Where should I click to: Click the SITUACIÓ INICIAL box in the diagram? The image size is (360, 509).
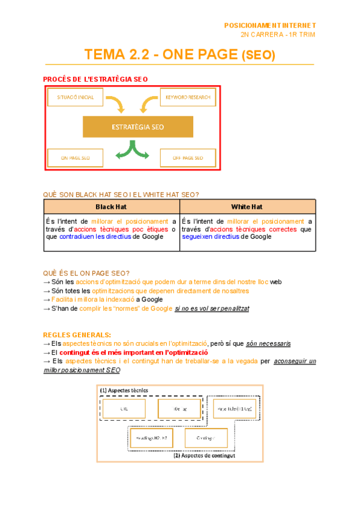75,97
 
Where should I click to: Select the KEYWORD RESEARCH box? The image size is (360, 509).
188,97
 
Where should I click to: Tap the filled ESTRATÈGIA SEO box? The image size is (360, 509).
138,127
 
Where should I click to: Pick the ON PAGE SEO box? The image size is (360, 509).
75,158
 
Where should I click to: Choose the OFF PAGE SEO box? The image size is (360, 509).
188,158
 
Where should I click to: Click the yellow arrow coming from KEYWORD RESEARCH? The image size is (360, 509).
148,103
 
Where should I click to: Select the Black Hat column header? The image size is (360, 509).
111,207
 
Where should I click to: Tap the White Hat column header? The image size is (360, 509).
247,207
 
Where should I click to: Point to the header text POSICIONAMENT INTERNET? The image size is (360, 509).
269,26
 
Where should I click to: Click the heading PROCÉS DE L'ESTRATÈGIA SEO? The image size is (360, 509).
95,79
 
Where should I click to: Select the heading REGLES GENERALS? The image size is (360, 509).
76,334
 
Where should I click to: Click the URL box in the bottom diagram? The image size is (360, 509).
124,409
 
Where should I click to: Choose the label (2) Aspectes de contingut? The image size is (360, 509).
204,456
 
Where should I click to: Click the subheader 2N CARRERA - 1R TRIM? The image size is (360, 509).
277,35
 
